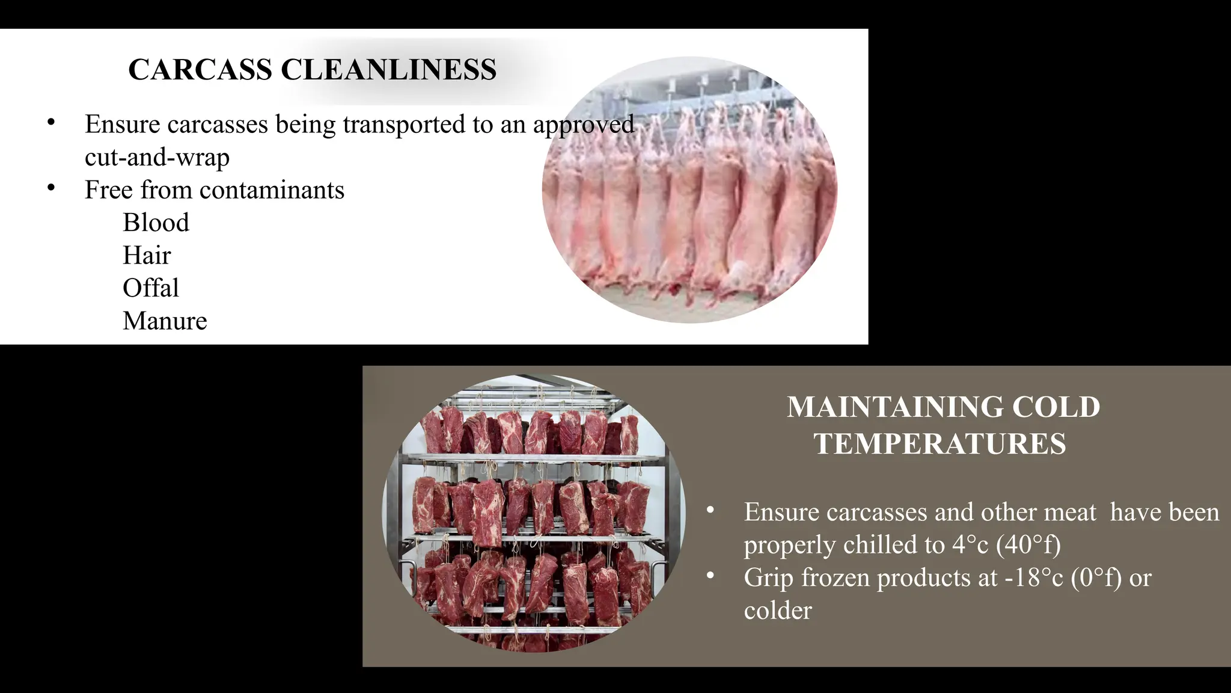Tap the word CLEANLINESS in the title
(x=388, y=70)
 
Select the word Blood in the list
(x=156, y=223)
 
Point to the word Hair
(x=147, y=256)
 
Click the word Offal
(x=150, y=288)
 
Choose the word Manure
(x=165, y=321)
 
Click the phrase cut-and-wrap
(x=157, y=157)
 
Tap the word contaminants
(x=272, y=190)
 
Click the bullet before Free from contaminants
(x=51, y=188)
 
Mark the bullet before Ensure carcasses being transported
(x=51, y=122)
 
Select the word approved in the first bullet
(x=583, y=125)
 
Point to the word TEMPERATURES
(x=939, y=444)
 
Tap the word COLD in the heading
(x=1056, y=407)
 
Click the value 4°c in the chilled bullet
(x=970, y=545)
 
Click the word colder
(x=778, y=611)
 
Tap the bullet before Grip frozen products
(x=710, y=576)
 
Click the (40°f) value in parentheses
(x=1028, y=545)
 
